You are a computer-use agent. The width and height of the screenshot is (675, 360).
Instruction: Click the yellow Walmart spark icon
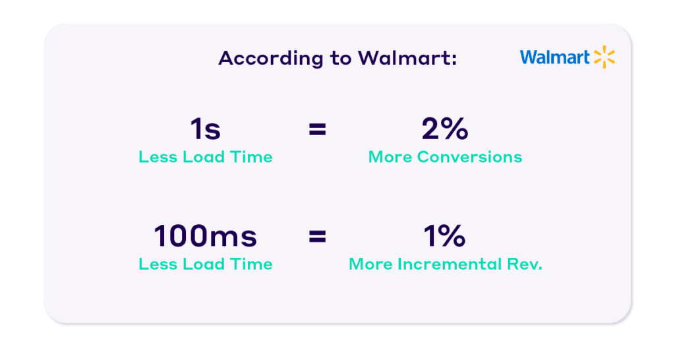[604, 57]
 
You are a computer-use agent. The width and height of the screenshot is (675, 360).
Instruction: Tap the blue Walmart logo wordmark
[554, 57]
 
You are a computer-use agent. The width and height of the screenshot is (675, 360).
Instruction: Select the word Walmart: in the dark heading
[407, 58]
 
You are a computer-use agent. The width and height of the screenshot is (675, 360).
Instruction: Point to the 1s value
[206, 129]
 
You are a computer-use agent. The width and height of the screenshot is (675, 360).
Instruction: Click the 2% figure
[445, 129]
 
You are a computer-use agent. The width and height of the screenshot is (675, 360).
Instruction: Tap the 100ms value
[206, 236]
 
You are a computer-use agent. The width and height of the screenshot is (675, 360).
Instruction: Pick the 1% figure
[445, 236]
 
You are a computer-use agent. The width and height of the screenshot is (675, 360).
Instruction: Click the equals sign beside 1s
[317, 129]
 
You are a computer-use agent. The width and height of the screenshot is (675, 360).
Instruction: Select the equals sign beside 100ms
[317, 237]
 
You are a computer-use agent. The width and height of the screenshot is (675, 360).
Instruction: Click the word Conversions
[469, 157]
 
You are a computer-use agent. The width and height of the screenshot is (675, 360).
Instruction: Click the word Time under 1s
[251, 157]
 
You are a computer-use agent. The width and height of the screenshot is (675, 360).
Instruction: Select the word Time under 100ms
[251, 264]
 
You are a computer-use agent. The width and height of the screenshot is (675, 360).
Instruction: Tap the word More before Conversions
[390, 157]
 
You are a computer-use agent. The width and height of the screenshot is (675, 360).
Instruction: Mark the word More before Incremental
[370, 264]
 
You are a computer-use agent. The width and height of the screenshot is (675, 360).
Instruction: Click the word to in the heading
[341, 59]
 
